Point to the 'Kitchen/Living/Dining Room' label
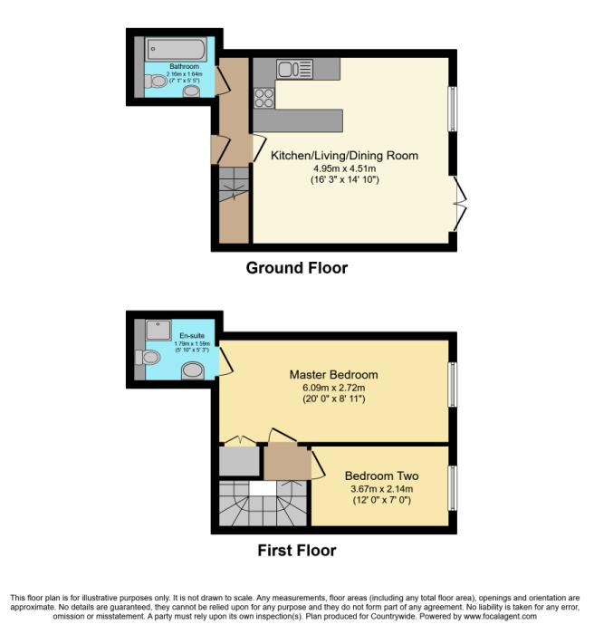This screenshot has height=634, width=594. [x=345, y=156]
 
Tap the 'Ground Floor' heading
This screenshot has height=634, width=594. [x=297, y=268]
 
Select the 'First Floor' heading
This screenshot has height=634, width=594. [x=297, y=550]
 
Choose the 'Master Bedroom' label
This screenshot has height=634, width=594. [x=334, y=374]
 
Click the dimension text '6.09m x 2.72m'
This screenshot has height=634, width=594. [x=334, y=387]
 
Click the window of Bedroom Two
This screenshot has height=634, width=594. [x=453, y=488]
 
